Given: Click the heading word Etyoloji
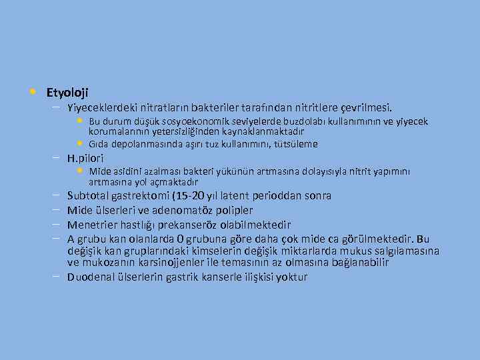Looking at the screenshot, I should click(67, 92).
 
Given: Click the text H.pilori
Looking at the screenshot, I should click(85, 159).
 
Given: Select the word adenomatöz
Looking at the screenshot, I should click(190, 211).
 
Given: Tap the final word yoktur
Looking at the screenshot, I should click(292, 277).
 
